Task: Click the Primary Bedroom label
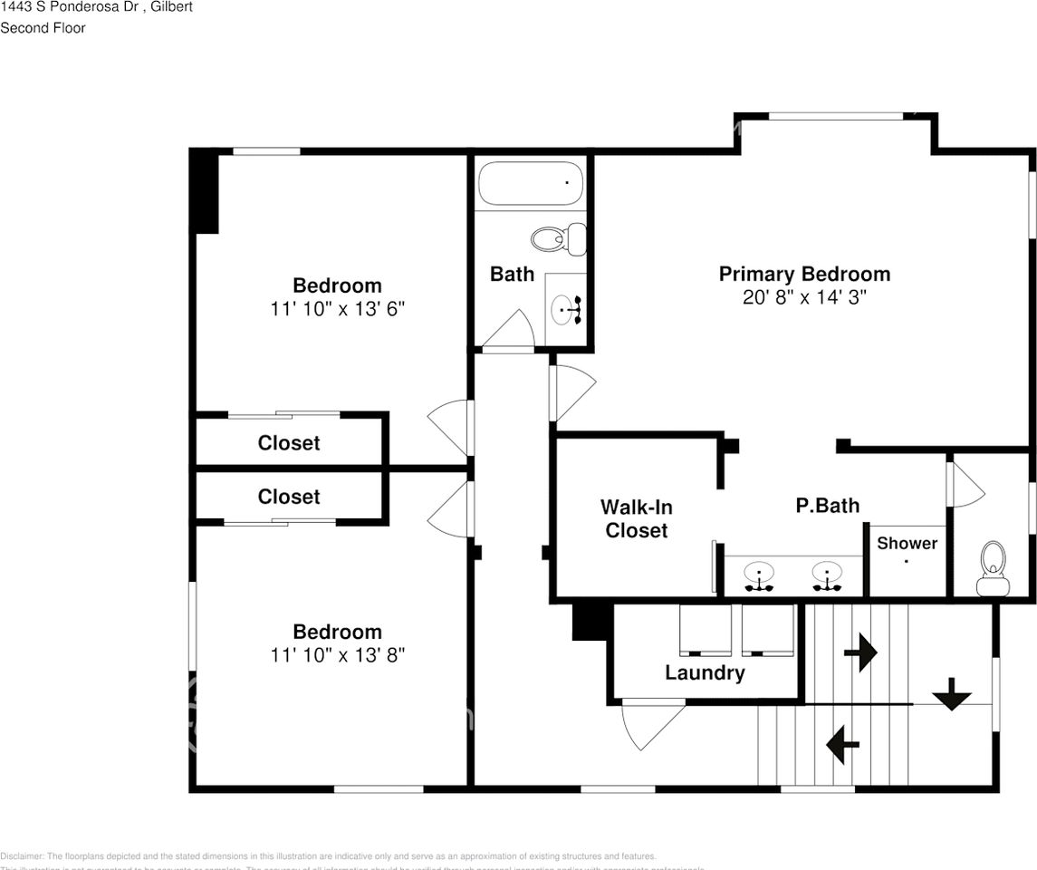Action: coord(804,274)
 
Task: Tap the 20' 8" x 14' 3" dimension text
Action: coord(804,297)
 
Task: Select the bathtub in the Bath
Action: coord(530,183)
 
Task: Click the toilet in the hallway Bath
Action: coord(555,239)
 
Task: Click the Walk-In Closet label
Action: coord(636,519)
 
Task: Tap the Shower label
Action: coord(907,543)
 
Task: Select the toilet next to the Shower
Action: coord(993,568)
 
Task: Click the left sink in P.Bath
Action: coord(759,575)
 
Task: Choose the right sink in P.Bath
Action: coord(827,575)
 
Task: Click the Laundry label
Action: coord(705,672)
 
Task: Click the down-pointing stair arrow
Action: coord(952,695)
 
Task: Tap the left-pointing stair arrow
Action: coord(842,744)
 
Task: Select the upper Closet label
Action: coord(289,442)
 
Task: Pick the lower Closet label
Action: coord(289,497)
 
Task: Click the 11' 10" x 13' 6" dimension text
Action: coord(337,309)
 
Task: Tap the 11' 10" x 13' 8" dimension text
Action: coord(337,655)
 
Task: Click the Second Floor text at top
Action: coord(43,28)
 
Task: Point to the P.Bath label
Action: coord(828,506)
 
